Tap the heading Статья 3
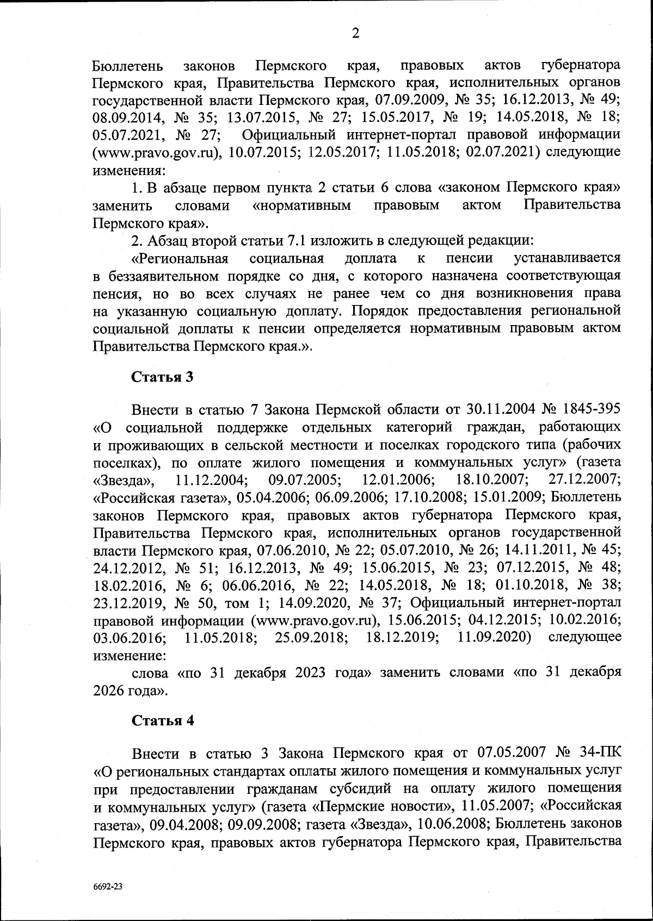(162, 377)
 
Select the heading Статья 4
(162, 720)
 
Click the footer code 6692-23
(108, 886)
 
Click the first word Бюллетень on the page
(128, 66)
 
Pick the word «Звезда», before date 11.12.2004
(124, 480)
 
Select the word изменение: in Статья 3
(129, 655)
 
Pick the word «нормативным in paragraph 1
(302, 206)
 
